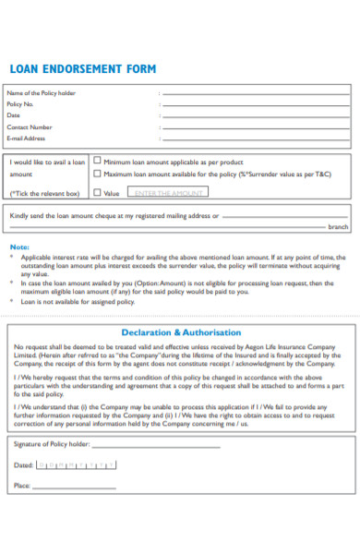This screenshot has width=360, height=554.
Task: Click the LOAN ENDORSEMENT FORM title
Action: [82, 69]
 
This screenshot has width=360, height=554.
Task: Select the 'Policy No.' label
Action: [20, 104]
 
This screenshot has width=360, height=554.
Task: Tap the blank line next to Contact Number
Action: [255, 128]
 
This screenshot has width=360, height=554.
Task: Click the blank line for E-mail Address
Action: [255, 139]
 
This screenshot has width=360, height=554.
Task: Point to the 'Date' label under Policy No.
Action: [14, 115]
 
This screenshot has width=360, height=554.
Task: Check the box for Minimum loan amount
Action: [97, 161]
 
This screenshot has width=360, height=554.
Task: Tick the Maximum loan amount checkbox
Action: [97, 174]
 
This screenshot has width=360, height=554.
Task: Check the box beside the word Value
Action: [97, 193]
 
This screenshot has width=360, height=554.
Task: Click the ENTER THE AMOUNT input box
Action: [167, 192]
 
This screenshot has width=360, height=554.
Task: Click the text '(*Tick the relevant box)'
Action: [44, 193]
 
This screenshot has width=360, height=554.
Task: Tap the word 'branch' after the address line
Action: [339, 226]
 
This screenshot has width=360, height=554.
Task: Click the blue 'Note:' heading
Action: [19, 247]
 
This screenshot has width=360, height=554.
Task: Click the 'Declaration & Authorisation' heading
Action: [181, 331]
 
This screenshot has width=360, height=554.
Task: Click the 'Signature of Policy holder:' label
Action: [53, 444]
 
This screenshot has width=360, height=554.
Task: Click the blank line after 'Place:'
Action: [76, 487]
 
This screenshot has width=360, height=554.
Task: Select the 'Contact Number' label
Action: [30, 127]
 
